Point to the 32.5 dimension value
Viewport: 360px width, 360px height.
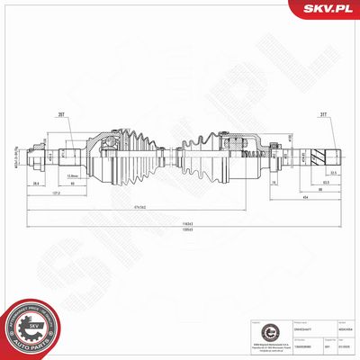pos(334,174)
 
